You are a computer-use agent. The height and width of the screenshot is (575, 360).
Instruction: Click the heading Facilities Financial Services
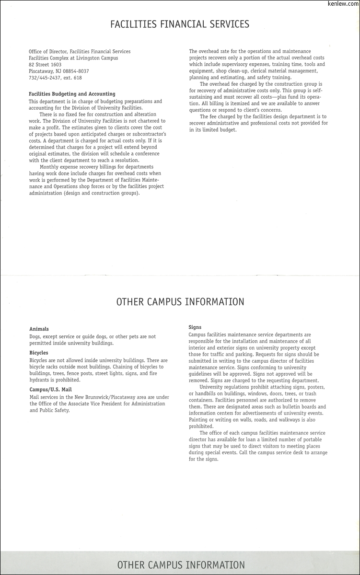coord(180,24)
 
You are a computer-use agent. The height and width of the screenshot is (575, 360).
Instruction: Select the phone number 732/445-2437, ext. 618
coord(55,78)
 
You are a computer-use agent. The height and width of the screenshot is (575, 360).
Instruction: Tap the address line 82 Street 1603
coord(45,64)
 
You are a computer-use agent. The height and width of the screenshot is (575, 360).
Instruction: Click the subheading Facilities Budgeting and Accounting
coord(72,94)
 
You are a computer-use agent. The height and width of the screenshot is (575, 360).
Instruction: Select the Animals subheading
coord(39,329)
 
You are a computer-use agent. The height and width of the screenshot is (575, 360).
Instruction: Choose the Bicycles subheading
coord(39,353)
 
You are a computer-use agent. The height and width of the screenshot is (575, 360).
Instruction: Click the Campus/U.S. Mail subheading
coord(50,390)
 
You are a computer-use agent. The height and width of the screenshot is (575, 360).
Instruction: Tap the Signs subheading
coord(195,327)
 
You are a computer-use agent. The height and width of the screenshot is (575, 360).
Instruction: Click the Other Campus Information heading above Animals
coord(180,302)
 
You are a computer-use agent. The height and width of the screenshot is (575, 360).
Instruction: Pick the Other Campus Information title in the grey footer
coord(181,565)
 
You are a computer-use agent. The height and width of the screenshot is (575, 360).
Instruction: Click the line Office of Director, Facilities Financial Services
coord(80,51)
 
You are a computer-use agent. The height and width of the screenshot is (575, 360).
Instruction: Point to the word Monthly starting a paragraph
coord(50,167)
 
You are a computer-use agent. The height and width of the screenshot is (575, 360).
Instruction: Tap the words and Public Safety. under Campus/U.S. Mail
coord(49,411)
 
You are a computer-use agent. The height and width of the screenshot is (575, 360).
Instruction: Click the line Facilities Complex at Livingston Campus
coord(73,58)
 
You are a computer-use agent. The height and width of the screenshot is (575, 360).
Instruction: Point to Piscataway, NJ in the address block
coord(44,71)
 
